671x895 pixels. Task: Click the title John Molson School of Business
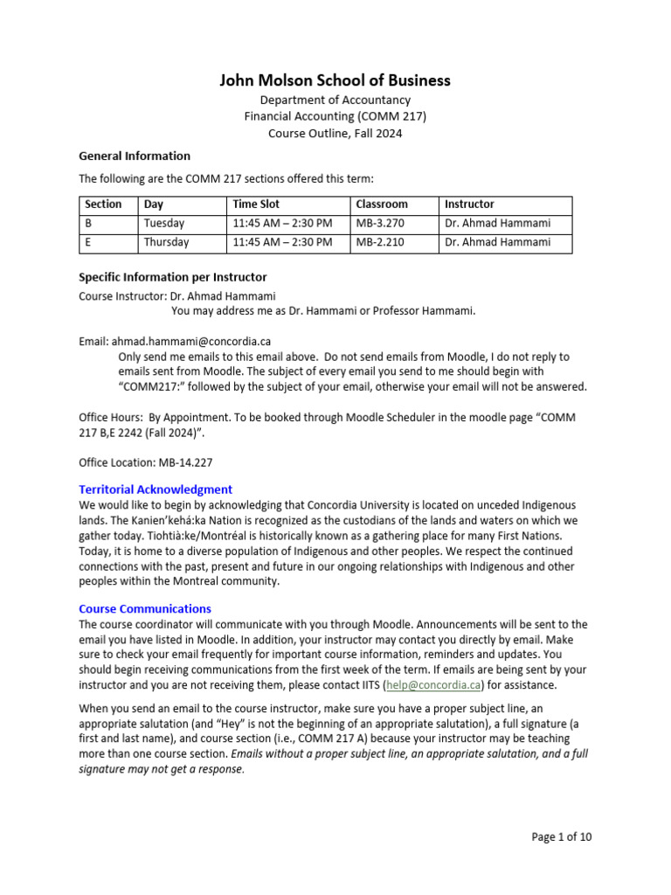click(x=335, y=80)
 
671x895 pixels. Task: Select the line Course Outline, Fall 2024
click(x=335, y=133)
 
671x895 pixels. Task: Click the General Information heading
click(x=135, y=156)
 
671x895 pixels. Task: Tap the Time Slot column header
click(x=256, y=205)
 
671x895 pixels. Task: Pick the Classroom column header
click(x=382, y=205)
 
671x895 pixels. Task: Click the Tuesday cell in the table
click(x=164, y=223)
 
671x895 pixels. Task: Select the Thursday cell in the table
click(x=167, y=242)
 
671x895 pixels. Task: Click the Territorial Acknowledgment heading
click(x=156, y=489)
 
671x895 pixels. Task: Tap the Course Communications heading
click(x=145, y=608)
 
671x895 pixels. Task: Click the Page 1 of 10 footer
click(x=562, y=836)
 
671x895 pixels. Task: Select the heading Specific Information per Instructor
click(x=173, y=277)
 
